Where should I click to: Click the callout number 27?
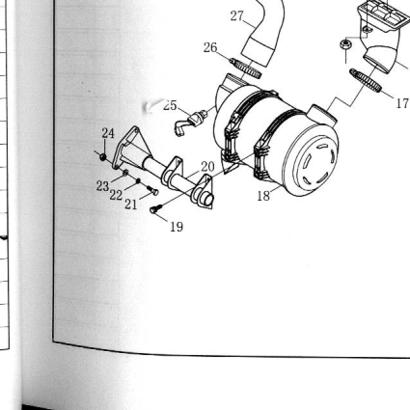[237, 16]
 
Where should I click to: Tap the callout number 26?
[210, 47]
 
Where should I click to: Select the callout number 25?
[170, 105]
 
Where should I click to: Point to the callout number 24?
[108, 133]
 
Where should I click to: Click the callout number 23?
[102, 186]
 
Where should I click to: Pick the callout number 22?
[116, 195]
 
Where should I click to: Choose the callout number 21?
[130, 204]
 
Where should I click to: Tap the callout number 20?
[207, 167]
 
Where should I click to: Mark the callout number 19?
[177, 227]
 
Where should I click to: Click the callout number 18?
[263, 196]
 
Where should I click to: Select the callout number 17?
[402, 103]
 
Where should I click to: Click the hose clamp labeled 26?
[245, 68]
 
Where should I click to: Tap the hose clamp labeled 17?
[366, 80]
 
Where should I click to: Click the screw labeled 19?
[155, 208]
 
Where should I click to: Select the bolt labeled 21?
[152, 190]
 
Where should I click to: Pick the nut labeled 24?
[103, 156]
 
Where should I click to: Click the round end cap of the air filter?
[311, 161]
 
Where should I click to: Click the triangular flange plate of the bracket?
[126, 148]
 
